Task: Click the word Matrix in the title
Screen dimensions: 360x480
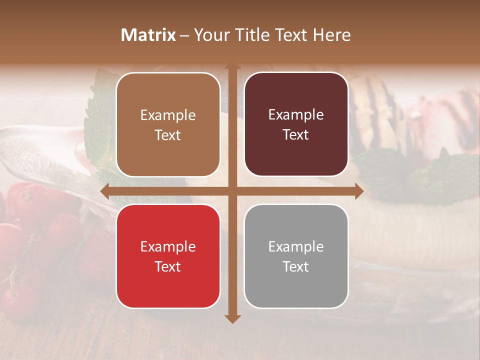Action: pos(148,35)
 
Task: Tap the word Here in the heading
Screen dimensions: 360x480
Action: pos(332,35)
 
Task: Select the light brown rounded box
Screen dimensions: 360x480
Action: pos(168,124)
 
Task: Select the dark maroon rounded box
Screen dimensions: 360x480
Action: pos(296,124)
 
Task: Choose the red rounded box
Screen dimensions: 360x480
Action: pos(168,256)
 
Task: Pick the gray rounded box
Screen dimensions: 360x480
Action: pos(296,256)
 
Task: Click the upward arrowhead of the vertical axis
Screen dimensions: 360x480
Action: pos(232,67)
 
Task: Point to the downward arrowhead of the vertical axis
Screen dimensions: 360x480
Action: pos(232,318)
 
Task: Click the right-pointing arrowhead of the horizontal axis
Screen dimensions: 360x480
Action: pos(359,191)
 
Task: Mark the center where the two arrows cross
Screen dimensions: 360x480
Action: pos(232,191)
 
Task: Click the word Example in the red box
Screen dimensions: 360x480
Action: pos(168,246)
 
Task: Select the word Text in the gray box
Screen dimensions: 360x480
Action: pos(296,266)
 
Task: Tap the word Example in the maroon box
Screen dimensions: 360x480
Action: pos(296,115)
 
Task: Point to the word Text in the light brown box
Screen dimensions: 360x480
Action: pos(168,135)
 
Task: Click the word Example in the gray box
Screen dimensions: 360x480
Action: pos(296,246)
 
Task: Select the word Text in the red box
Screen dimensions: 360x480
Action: pos(168,266)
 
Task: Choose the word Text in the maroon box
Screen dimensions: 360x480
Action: pos(296,135)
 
